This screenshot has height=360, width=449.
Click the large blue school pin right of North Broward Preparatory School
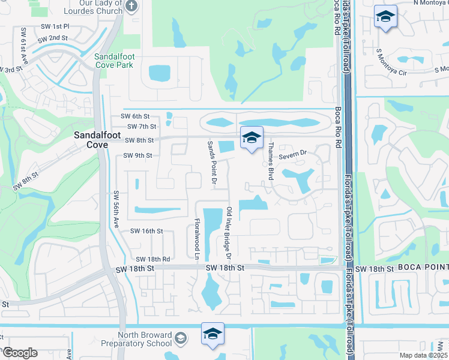click(x=212, y=334)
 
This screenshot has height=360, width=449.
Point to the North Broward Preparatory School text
click(x=136, y=339)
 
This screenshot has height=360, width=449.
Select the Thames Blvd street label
click(x=271, y=154)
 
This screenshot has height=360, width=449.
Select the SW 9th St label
click(x=138, y=155)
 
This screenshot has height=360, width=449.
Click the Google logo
click(x=20, y=353)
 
